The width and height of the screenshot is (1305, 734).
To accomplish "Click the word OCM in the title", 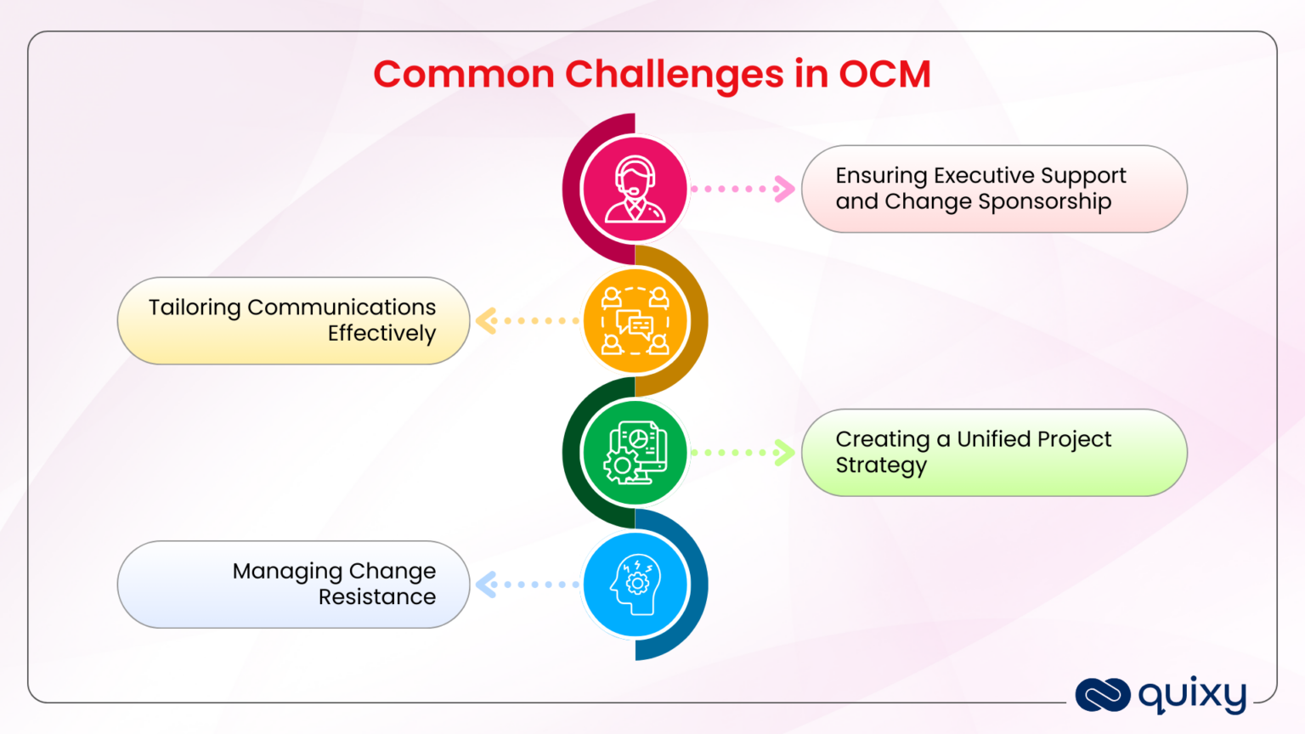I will coord(884,74).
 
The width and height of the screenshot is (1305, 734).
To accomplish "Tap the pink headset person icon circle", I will coord(635,189).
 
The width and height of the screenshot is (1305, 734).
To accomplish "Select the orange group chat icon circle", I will coord(635,321).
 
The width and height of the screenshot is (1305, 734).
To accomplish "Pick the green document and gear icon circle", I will coord(635,453).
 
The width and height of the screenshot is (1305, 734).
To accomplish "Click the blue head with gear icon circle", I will coord(635,584).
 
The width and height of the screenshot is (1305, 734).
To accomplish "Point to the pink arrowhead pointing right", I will coord(784,189).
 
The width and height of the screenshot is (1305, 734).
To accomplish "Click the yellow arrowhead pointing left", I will coord(486,321).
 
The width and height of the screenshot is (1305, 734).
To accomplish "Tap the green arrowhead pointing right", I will coord(784,453).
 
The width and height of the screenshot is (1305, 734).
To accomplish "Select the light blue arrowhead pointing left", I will coord(486,584).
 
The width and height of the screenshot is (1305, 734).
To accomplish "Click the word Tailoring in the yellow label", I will coord(195,308).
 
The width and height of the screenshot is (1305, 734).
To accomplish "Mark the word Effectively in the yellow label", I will coord(381,334).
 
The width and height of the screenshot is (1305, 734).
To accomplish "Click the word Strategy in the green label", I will coord(881,466).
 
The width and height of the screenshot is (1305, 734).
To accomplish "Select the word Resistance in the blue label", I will coord(377,597).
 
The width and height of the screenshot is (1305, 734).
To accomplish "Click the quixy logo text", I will coord(1192,696).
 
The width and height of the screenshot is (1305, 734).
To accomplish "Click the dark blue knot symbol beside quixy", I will coord(1102,695).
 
